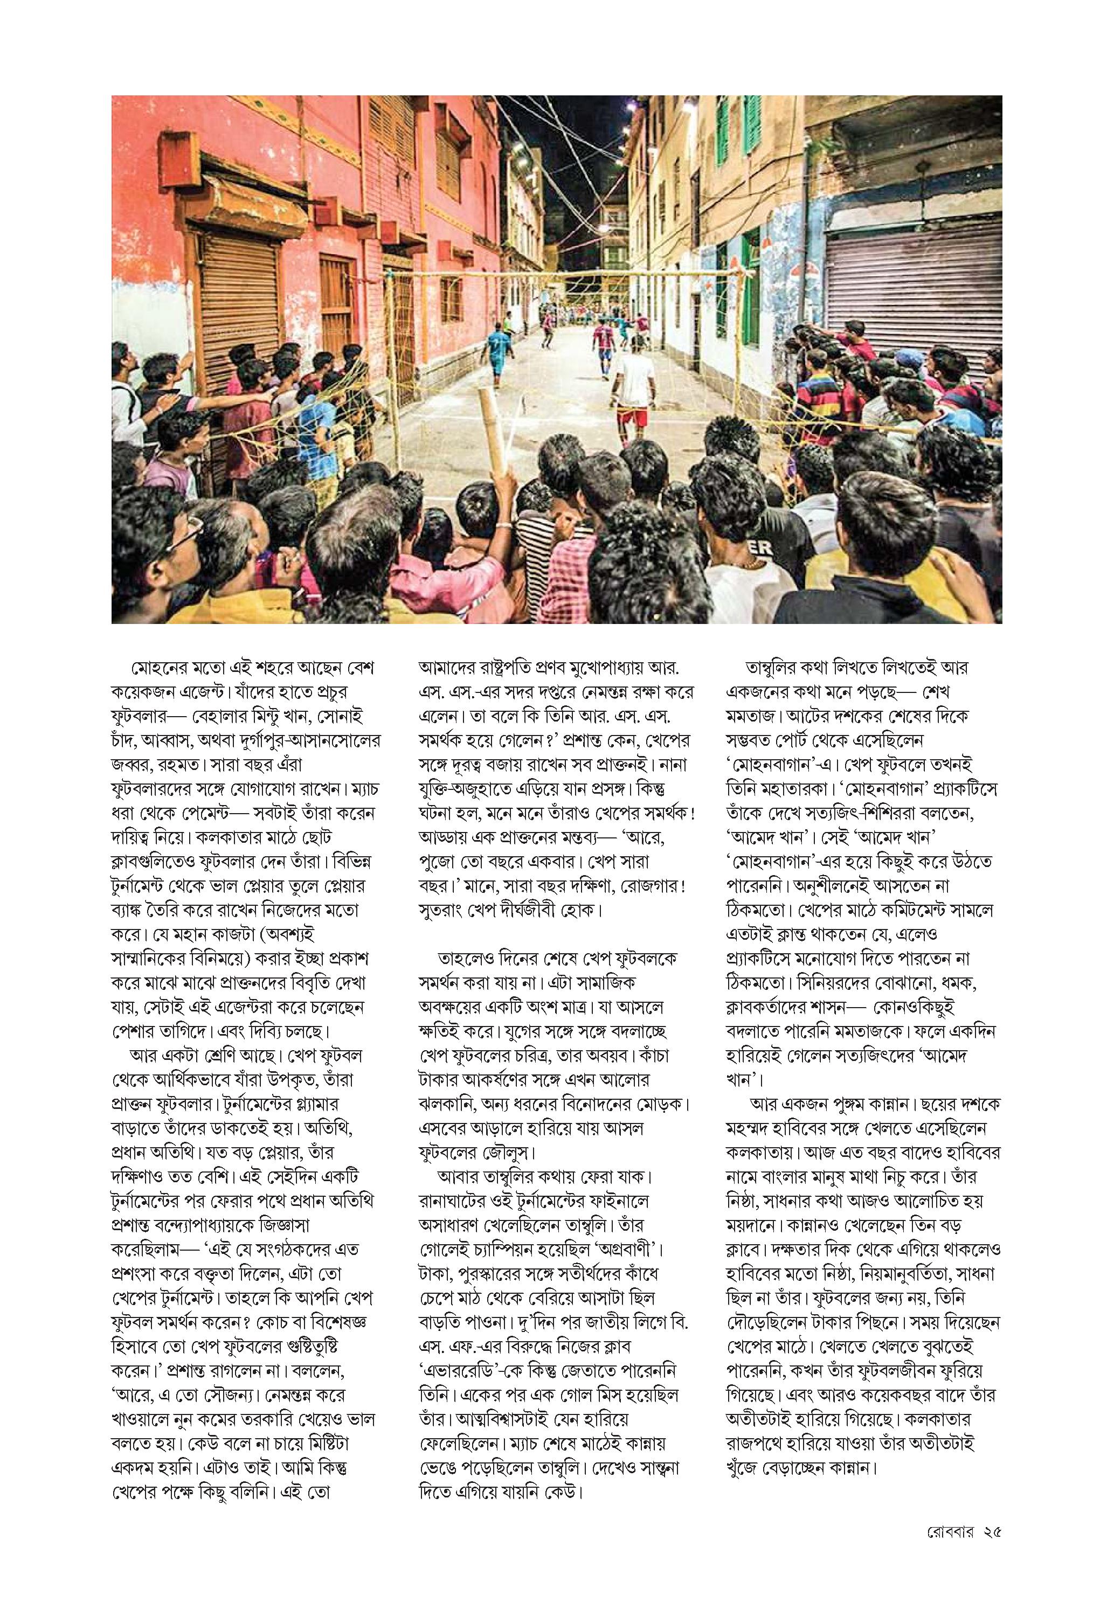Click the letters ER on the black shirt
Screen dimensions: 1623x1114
pos(765,550)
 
